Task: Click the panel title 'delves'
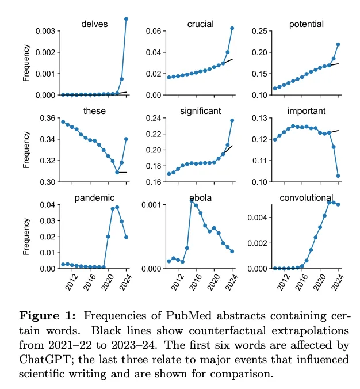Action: [94, 24]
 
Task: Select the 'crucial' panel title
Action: [201, 24]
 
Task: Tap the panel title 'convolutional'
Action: [307, 199]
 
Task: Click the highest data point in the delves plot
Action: [126, 19]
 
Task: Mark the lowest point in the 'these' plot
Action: [117, 172]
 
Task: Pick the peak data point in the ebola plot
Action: [192, 200]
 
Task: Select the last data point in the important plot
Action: [338, 176]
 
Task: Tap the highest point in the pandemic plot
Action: [117, 207]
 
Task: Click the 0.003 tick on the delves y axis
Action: [46, 30]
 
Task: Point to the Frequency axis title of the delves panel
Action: [26, 63]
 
